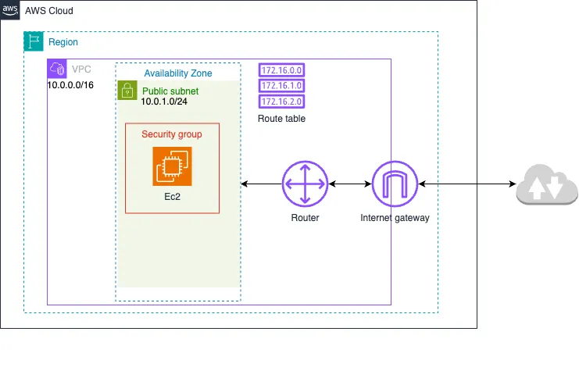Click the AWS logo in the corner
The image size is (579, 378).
(x=10, y=9)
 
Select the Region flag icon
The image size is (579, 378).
(x=34, y=41)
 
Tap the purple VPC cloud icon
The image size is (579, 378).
(x=57, y=69)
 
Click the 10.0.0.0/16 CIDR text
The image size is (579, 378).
(x=70, y=84)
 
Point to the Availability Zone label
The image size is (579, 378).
(x=177, y=73)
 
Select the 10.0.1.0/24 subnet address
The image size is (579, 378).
(x=164, y=102)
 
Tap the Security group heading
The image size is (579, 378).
(x=172, y=134)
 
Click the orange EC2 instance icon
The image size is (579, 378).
(x=172, y=167)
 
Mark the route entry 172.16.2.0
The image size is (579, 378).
(x=281, y=102)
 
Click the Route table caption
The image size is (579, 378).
(x=281, y=119)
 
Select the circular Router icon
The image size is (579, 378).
(x=305, y=184)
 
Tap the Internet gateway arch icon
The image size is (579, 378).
(x=395, y=184)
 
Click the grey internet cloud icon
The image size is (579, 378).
(x=546, y=186)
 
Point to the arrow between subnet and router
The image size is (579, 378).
(x=261, y=184)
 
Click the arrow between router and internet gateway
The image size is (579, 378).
(x=349, y=184)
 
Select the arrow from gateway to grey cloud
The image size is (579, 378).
(x=466, y=184)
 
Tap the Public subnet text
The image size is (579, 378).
(x=170, y=91)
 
